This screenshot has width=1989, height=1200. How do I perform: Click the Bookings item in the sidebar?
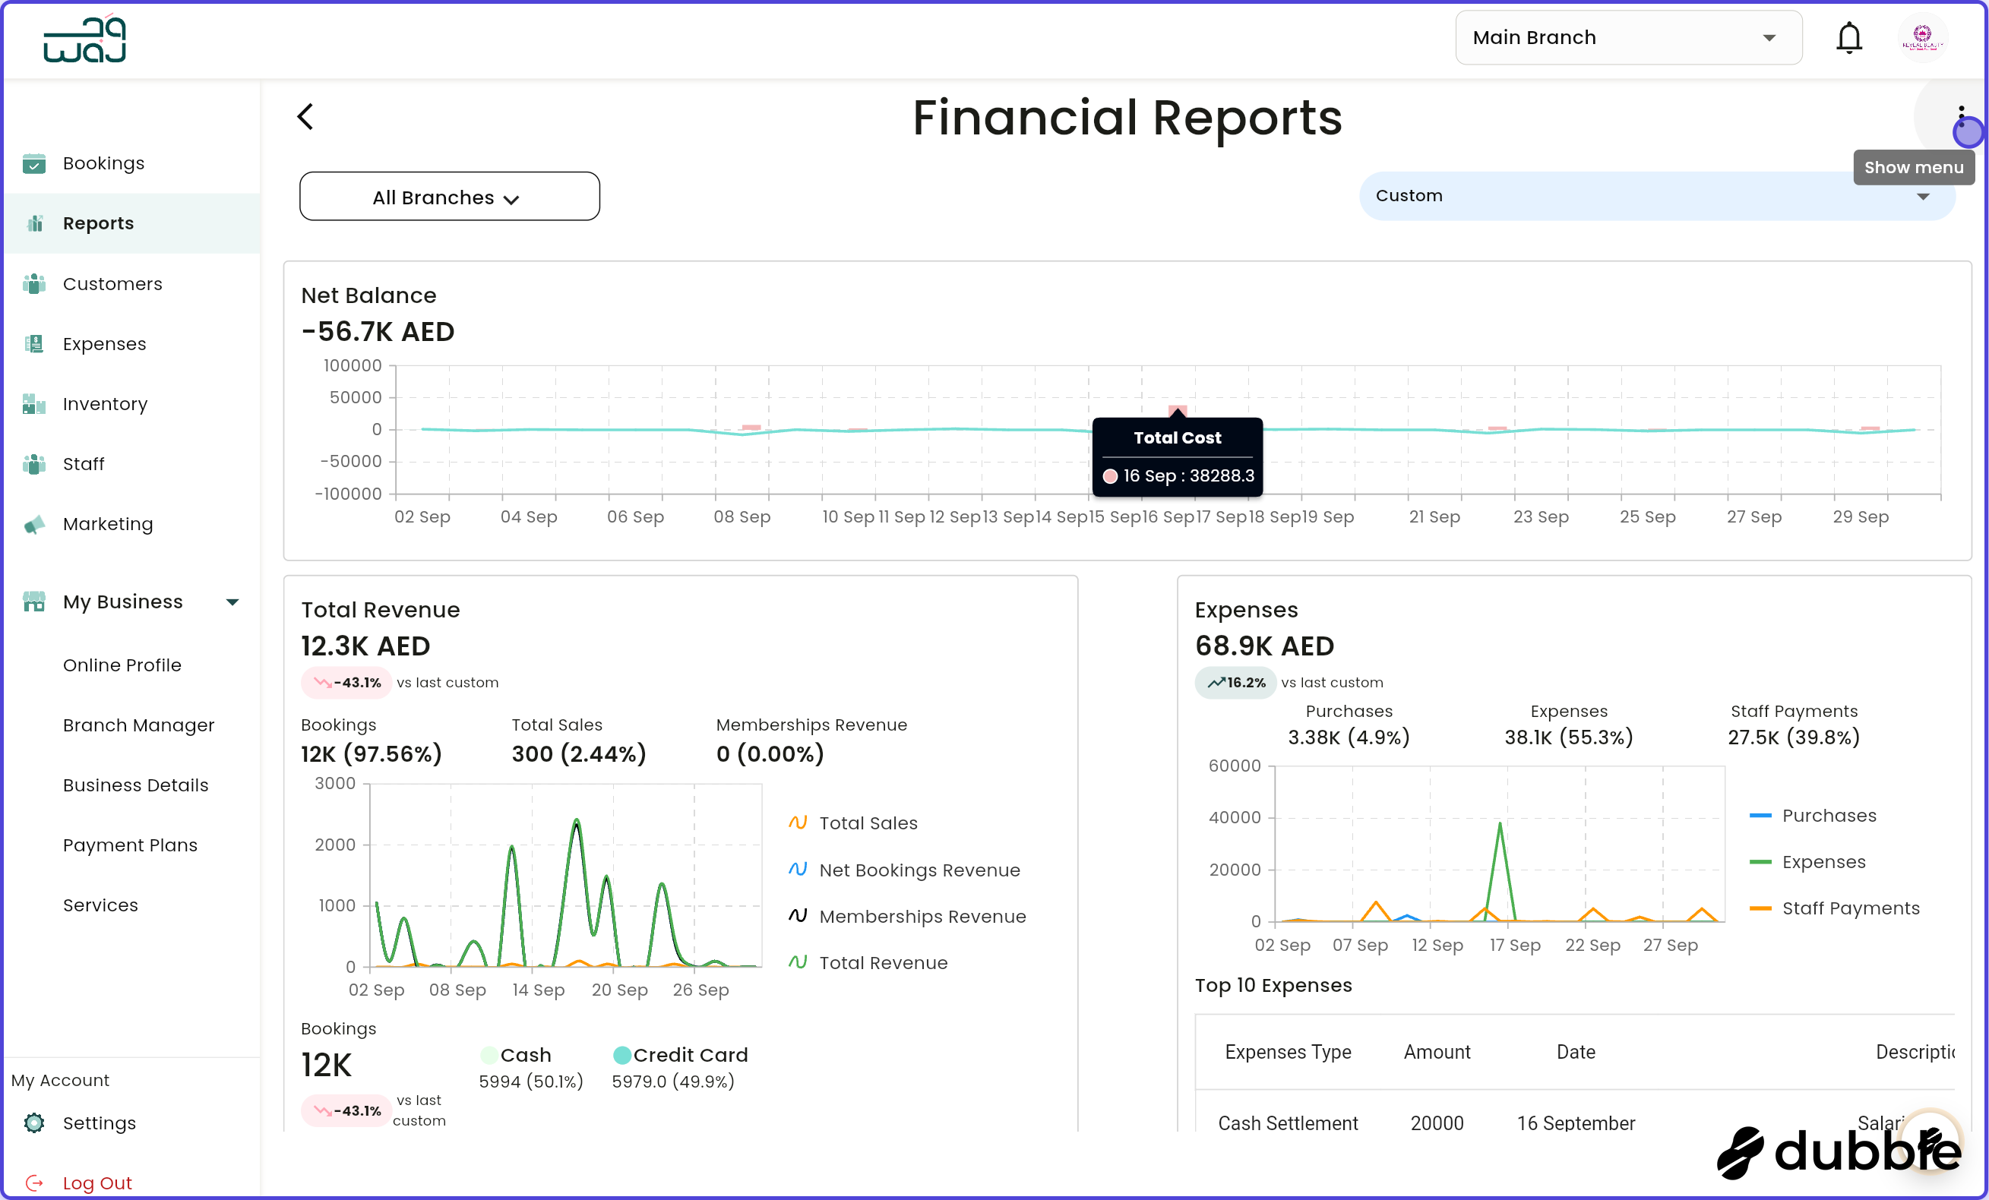pyautogui.click(x=103, y=163)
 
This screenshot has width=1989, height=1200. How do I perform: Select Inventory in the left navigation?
pyautogui.click(x=105, y=403)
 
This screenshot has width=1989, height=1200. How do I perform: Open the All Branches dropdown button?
pyautogui.click(x=449, y=197)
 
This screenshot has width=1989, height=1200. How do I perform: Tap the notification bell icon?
pyautogui.click(x=1848, y=38)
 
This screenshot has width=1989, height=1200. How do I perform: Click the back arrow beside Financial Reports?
pyautogui.click(x=305, y=117)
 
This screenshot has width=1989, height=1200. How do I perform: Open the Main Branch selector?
pyautogui.click(x=1627, y=38)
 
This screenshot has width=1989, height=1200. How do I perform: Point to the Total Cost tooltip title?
pyautogui.click(x=1177, y=438)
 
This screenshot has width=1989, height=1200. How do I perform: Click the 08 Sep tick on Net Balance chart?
pyautogui.click(x=742, y=516)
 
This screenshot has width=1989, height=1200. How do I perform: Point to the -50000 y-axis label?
pyautogui.click(x=350, y=462)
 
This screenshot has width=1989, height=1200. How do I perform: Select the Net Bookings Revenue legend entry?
pyautogui.click(x=919, y=870)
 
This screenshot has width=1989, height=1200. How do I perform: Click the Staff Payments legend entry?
pyautogui.click(x=1850, y=908)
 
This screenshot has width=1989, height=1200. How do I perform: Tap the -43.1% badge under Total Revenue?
pyautogui.click(x=346, y=683)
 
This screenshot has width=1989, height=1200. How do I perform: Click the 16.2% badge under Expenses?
pyautogui.click(x=1235, y=683)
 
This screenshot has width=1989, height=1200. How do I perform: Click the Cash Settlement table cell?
pyautogui.click(x=1288, y=1123)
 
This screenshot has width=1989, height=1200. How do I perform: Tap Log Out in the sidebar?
pyautogui.click(x=97, y=1183)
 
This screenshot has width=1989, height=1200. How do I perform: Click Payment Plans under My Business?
pyautogui.click(x=130, y=845)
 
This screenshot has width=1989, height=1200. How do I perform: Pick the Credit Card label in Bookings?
pyautogui.click(x=689, y=1055)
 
